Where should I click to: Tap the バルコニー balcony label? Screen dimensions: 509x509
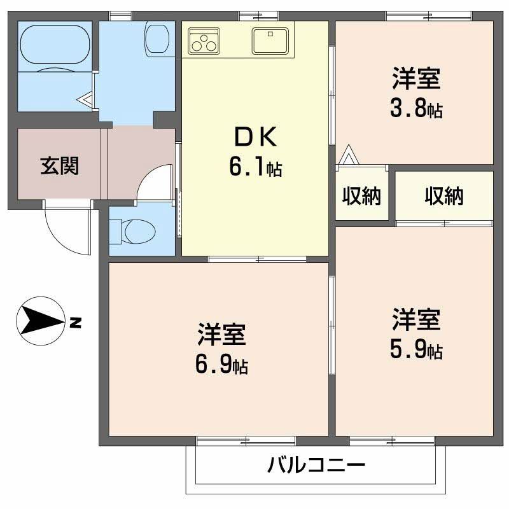click(x=316, y=465)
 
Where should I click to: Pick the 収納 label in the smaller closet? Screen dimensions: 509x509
click(x=361, y=197)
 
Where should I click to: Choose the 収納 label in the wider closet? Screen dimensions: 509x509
click(x=444, y=197)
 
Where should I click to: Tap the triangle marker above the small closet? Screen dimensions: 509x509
click(x=348, y=155)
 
